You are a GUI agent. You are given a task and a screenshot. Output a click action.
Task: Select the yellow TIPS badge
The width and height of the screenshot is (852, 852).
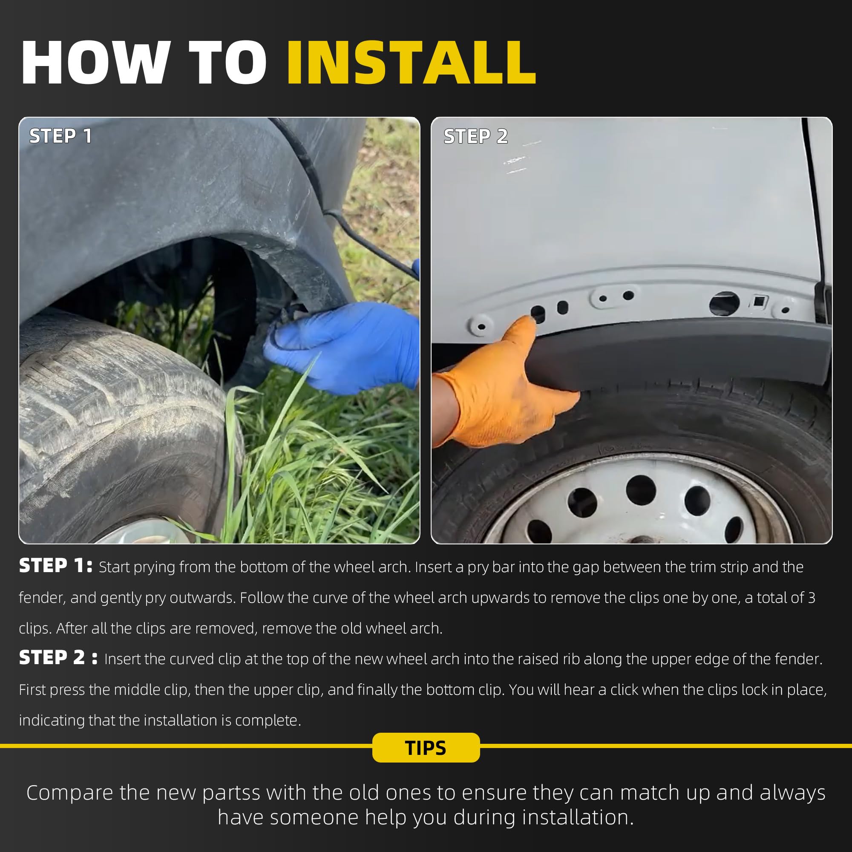coord(426,748)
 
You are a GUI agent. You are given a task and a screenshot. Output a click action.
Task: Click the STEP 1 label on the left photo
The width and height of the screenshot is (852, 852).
coord(60,136)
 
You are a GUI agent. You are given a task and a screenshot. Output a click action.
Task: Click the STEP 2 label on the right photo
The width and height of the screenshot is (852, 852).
coord(476,136)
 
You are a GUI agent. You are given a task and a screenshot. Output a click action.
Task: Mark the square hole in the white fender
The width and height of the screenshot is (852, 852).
coord(759,302)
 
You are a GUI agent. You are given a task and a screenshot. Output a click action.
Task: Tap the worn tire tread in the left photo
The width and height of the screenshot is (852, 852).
coord(115,423)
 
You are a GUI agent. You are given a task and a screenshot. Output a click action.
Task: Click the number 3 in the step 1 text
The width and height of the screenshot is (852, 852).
coord(812,598)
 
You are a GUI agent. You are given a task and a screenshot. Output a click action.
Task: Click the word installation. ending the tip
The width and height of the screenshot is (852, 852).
coord(578,817)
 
